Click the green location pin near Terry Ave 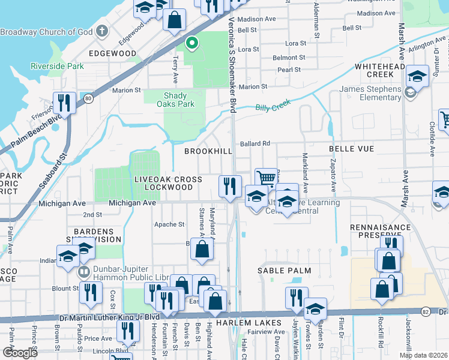pyautogui.click(x=192, y=43)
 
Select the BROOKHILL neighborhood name pyautogui.click(x=208, y=151)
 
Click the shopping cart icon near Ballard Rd pyautogui.click(x=266, y=178)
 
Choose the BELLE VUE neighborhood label pyautogui.click(x=351, y=148)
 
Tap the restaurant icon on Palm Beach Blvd pyautogui.click(x=64, y=103)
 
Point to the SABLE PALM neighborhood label pyautogui.click(x=285, y=271)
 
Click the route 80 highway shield pyautogui.click(x=89, y=98)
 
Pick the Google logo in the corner pyautogui.click(x=20, y=353)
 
